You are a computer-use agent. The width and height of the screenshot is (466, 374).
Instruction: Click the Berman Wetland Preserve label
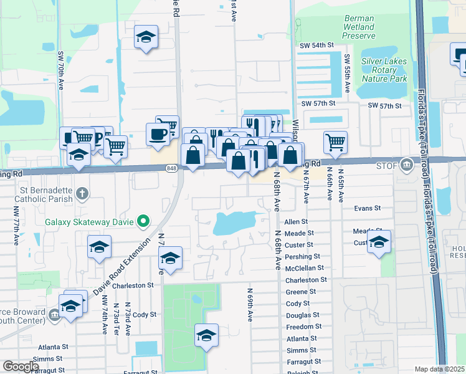pyautogui.click(x=359, y=27)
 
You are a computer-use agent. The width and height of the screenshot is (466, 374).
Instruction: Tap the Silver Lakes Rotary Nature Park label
pyautogui.click(x=384, y=70)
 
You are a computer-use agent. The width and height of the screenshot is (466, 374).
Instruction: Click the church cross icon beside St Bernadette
pyautogui.click(x=82, y=193)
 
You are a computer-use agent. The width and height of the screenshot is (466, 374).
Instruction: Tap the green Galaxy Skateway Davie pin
pyautogui.click(x=143, y=220)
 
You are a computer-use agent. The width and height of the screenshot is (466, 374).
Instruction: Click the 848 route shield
pyautogui.click(x=173, y=168)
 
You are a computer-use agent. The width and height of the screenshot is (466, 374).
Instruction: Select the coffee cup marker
pyautogui.click(x=158, y=133)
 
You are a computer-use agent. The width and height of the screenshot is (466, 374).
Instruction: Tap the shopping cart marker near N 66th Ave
pyautogui.click(x=335, y=141)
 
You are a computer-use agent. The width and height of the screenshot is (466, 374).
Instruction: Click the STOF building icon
pyautogui.click(x=407, y=165)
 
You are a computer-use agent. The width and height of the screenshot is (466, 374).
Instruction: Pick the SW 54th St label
pyautogui.click(x=323, y=46)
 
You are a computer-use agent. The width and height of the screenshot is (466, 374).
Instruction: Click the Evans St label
pyautogui.click(x=367, y=208)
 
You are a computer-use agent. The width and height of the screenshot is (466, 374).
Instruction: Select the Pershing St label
pyautogui.click(x=302, y=257)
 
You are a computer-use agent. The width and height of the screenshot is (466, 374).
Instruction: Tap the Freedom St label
pyautogui.click(x=304, y=327)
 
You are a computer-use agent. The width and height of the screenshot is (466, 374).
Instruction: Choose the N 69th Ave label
pyautogui.click(x=249, y=305)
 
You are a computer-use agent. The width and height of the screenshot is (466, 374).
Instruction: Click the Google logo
pyautogui.click(x=21, y=366)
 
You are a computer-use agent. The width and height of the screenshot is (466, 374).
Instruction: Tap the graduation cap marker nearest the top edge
pyautogui.click(x=146, y=37)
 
